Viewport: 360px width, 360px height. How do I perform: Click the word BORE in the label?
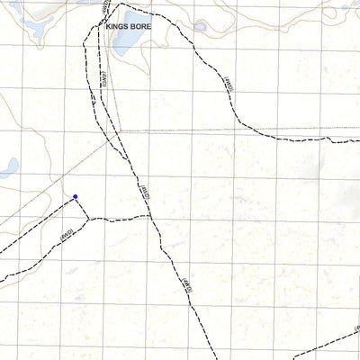point(141,28)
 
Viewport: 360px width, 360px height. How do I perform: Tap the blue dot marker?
point(76,196)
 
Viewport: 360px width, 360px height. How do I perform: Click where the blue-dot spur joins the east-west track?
point(88,219)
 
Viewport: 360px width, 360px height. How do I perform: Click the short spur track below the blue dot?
point(82,208)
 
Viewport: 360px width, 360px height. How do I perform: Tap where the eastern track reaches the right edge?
point(357,139)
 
